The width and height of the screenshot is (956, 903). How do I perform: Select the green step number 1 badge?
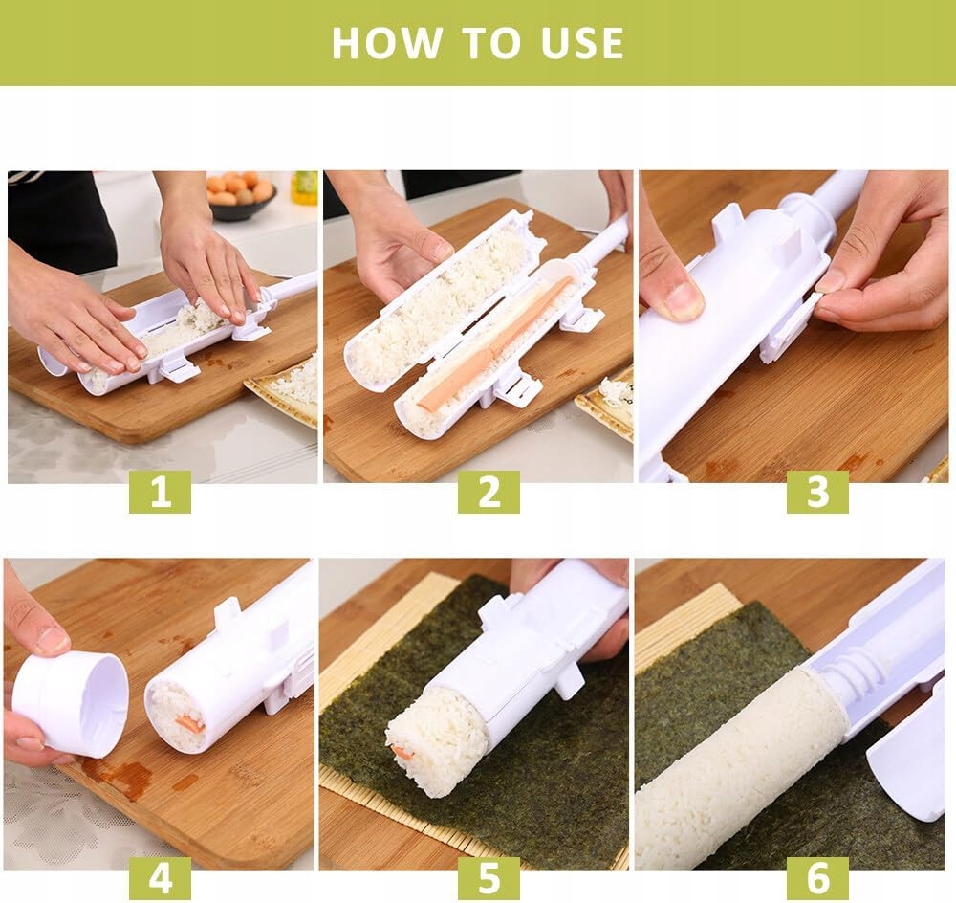point(160,492)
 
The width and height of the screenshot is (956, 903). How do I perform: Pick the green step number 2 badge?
point(489,492)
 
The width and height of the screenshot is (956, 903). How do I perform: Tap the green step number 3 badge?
point(817,492)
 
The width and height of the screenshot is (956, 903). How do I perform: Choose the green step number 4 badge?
point(160,878)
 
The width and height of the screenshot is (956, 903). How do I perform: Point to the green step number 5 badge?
point(489,878)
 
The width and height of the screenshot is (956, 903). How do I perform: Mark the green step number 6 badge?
point(817,878)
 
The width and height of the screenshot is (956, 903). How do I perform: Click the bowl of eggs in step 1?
point(242,195)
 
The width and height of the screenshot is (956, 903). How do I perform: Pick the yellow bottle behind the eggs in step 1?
point(305,187)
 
